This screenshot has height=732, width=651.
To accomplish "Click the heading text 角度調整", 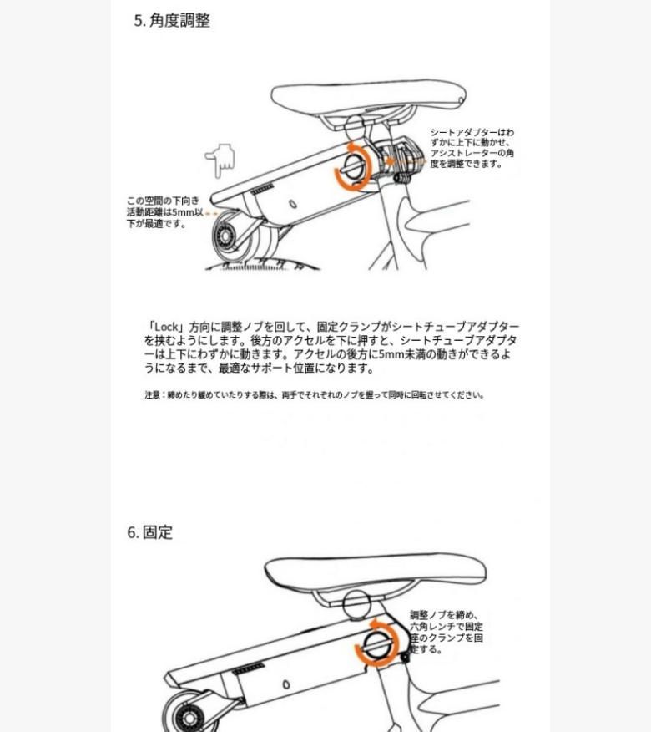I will [x=179, y=21].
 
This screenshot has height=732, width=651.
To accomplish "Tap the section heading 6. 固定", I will [x=150, y=532].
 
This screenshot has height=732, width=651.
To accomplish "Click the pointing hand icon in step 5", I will [x=220, y=160].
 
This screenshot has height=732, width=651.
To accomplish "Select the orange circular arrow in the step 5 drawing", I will [x=351, y=165].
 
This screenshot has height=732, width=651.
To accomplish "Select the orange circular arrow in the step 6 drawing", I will [x=376, y=643].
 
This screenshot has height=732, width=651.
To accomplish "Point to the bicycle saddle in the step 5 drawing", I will [x=367, y=99].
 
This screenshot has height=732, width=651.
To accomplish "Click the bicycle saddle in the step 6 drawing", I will [x=376, y=573].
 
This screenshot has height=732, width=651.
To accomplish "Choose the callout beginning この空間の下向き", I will [x=164, y=212].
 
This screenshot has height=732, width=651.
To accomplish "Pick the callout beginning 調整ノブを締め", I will [x=447, y=632].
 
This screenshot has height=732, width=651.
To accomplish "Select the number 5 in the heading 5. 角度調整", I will [x=139, y=21].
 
